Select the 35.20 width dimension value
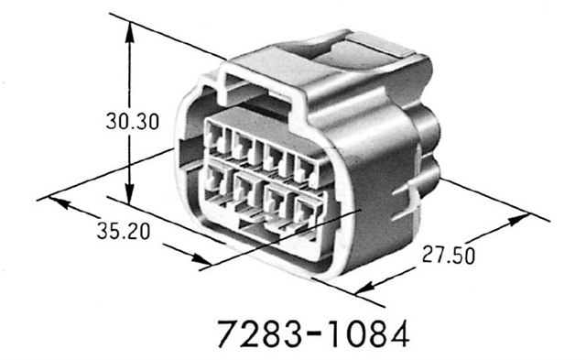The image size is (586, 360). pos(124,231)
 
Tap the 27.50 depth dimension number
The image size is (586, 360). pos(449,254)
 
